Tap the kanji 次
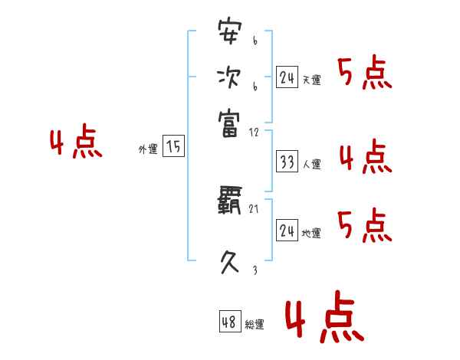[229, 77]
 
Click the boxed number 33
[287, 162]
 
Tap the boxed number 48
[229, 322]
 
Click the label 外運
[148, 150]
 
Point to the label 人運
[312, 164]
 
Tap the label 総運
[255, 325]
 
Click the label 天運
[312, 80]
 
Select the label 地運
[312, 234]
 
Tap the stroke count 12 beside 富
[254, 132]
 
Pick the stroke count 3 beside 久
[254, 270]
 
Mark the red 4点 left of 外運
[76, 144]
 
